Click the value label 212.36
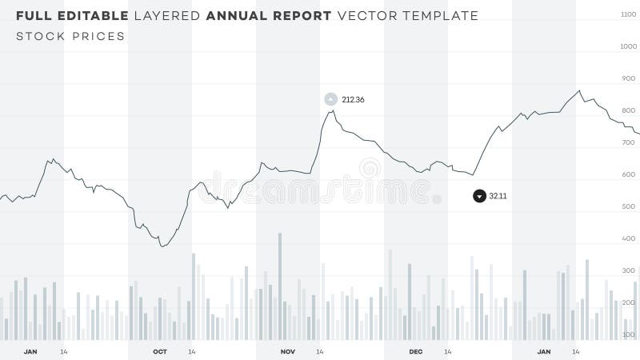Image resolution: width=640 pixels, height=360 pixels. (x=353, y=100)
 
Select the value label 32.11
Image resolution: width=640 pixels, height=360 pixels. (x=498, y=196)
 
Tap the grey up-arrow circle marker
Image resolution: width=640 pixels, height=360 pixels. (x=330, y=99)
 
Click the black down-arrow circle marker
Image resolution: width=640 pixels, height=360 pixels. (x=479, y=196)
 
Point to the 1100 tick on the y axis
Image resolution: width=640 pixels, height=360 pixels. (x=628, y=15)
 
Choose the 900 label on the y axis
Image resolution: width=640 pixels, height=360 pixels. (x=628, y=79)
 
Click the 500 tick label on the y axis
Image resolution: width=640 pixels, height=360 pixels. (x=628, y=207)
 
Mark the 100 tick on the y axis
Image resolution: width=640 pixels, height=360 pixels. (x=628, y=334)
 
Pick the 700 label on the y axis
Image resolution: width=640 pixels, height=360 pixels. (x=628, y=143)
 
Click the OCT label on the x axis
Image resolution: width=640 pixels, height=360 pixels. (x=160, y=352)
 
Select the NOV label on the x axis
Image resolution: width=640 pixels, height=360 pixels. (x=288, y=352)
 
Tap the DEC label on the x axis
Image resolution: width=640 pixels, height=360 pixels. (x=416, y=352)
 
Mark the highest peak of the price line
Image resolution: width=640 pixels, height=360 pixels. (x=579, y=90)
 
